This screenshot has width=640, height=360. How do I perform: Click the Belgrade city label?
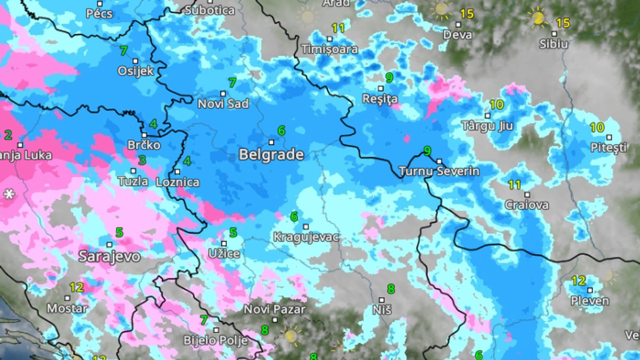(271, 155)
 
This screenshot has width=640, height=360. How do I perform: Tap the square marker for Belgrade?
(271, 142)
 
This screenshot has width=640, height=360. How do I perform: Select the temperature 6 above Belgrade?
(281, 131)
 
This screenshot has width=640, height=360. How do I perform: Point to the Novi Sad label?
(223, 104)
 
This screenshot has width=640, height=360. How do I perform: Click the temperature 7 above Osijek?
(124, 51)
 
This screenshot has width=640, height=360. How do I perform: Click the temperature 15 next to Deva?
(467, 13)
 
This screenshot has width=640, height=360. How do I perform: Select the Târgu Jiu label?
(487, 126)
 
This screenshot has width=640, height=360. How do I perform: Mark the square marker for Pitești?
(609, 137)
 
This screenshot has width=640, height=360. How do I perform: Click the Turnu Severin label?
(439, 172)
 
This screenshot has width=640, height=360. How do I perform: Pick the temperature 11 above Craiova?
(514, 185)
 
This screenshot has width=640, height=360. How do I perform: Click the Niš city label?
(382, 310)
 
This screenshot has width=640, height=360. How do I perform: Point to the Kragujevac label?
(306, 237)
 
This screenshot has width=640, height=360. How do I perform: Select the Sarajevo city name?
(109, 257)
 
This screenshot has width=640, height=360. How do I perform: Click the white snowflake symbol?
(9, 195)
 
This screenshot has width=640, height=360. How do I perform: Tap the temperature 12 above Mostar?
(76, 287)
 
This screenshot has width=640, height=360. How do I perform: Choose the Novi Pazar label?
(275, 309)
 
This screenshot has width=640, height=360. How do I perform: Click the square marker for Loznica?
(178, 172)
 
